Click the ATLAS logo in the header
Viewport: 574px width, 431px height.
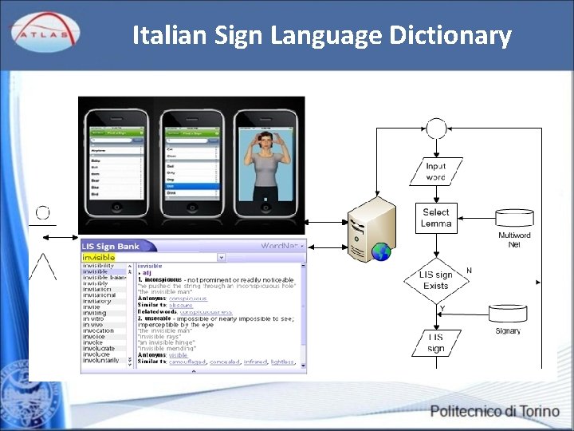tap(44, 32)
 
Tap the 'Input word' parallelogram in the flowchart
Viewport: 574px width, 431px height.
tap(436, 171)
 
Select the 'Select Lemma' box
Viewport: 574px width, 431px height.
tap(436, 218)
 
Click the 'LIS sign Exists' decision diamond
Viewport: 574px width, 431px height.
tap(436, 279)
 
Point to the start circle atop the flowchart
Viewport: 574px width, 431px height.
tap(436, 128)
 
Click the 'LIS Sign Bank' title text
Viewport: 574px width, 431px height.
tap(112, 247)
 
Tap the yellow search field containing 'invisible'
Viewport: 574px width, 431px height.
tap(151, 258)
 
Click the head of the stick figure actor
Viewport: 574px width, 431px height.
tap(42, 213)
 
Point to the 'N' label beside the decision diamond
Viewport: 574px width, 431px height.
tap(469, 271)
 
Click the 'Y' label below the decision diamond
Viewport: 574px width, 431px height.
tap(442, 309)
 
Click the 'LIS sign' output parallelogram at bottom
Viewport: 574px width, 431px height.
tap(436, 342)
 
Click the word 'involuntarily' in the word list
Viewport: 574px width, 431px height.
tap(101, 361)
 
